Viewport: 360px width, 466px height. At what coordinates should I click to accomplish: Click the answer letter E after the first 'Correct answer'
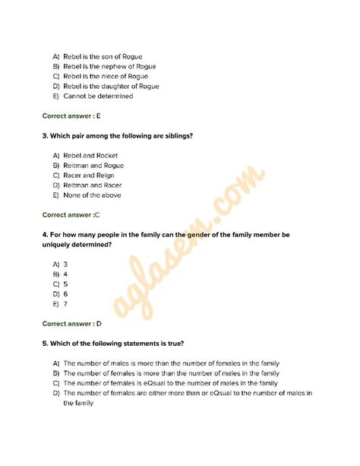[x=99, y=116]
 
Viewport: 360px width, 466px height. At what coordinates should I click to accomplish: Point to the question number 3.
[x=45, y=135]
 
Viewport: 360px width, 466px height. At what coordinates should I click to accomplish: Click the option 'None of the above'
[x=92, y=195]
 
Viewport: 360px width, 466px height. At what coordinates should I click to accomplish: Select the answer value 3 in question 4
[x=66, y=264]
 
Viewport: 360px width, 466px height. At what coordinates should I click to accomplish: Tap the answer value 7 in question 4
[x=66, y=303]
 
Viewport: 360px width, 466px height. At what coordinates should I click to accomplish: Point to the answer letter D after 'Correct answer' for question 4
[x=99, y=323]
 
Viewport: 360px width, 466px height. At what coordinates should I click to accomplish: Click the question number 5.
[x=45, y=343]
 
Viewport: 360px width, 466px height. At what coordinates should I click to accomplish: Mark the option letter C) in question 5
[x=57, y=383]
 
